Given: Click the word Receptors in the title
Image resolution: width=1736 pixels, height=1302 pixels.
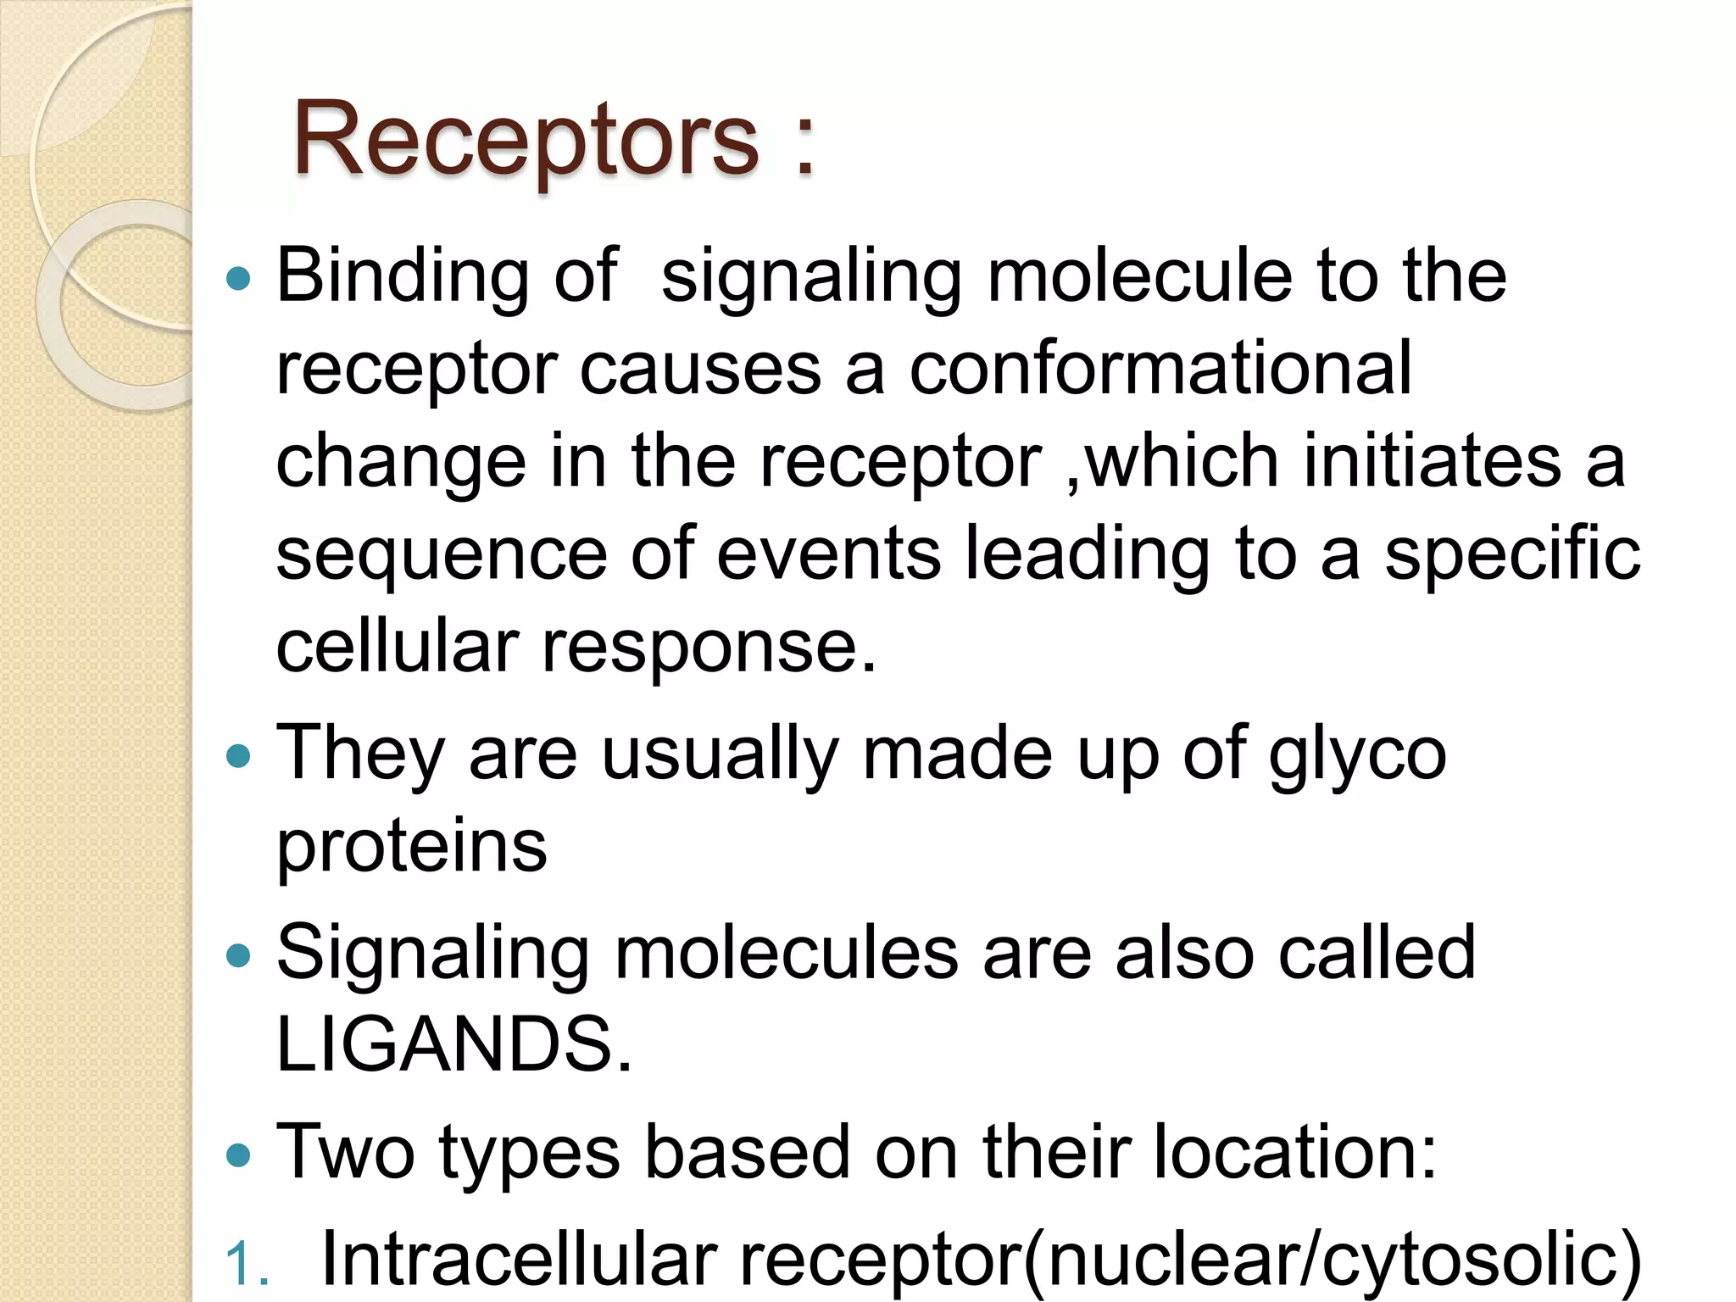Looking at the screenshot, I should [x=526, y=140].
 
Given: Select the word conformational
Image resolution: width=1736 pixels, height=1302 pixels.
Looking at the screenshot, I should [x=1160, y=369].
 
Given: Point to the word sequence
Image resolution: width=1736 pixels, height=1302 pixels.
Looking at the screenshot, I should [x=442, y=555].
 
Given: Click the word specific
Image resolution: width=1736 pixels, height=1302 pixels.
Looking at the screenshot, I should [x=1512, y=555].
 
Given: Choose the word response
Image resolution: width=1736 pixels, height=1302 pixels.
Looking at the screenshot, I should [x=709, y=648].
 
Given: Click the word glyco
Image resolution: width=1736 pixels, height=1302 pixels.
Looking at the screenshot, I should [x=1357, y=754].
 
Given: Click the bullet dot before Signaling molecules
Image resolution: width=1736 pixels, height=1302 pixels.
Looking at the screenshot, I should [x=240, y=955].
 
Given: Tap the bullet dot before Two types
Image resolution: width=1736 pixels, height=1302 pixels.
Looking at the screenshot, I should [x=240, y=1154].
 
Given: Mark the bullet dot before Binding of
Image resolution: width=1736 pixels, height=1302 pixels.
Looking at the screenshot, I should [x=240, y=278].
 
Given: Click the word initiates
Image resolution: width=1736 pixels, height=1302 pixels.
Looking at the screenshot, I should [x=1432, y=462].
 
